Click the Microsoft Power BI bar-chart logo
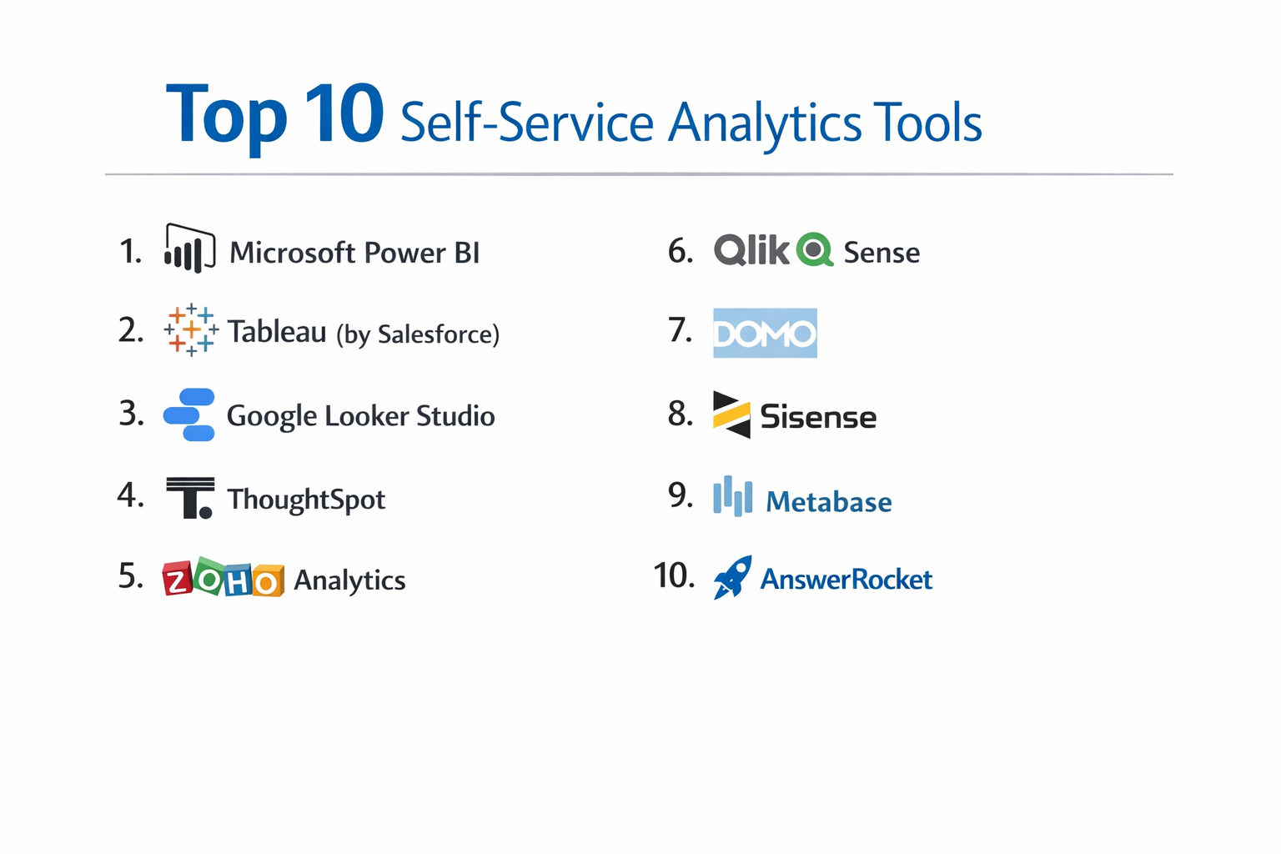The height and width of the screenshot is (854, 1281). pyautogui.click(x=189, y=249)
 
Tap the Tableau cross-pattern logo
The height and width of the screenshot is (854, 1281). pyautogui.click(x=191, y=330)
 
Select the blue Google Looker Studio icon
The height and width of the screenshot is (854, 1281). pyautogui.click(x=189, y=414)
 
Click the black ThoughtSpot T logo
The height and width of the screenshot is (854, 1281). pyautogui.click(x=190, y=498)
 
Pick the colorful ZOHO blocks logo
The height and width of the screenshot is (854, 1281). pyautogui.click(x=223, y=579)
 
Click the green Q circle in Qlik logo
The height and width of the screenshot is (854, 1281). pyautogui.click(x=815, y=249)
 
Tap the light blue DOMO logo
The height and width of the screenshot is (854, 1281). pyautogui.click(x=765, y=333)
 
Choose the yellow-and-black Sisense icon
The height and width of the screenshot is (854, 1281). pyautogui.click(x=731, y=414)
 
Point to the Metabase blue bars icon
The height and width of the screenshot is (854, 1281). pyautogui.click(x=732, y=497)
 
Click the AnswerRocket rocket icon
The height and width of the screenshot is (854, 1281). pyautogui.click(x=732, y=577)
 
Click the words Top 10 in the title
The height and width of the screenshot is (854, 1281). pyautogui.click(x=274, y=115)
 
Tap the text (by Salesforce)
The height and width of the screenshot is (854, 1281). pyautogui.click(x=418, y=334)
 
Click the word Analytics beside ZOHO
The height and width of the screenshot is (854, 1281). pyautogui.click(x=349, y=580)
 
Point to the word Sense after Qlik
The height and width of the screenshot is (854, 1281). pyautogui.click(x=882, y=252)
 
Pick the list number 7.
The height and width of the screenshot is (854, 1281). pyautogui.click(x=681, y=330)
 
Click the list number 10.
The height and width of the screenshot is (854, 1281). pyautogui.click(x=674, y=575)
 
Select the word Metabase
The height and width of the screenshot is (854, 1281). pyautogui.click(x=828, y=502)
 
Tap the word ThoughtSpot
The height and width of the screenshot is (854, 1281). pyautogui.click(x=306, y=500)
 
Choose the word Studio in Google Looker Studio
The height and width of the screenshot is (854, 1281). pyautogui.click(x=455, y=416)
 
